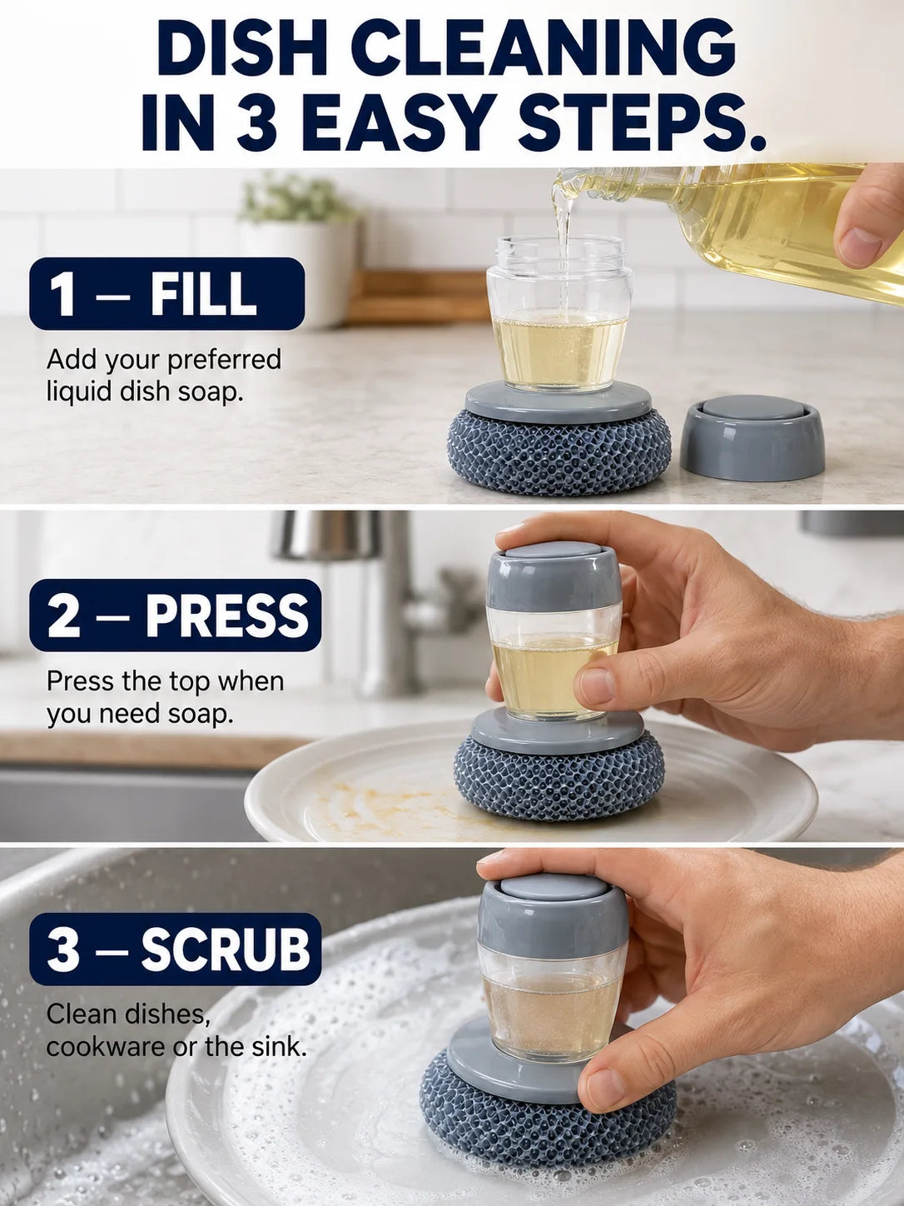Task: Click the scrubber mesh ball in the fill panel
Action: click(559, 450)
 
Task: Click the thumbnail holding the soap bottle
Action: click(862, 246)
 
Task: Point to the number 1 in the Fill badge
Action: click(63, 294)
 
